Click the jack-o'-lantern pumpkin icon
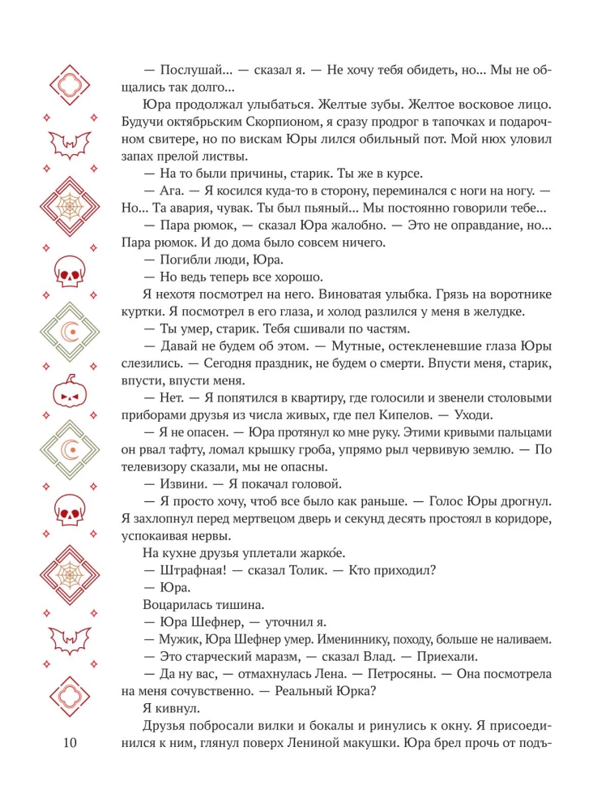pyautogui.click(x=69, y=393)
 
